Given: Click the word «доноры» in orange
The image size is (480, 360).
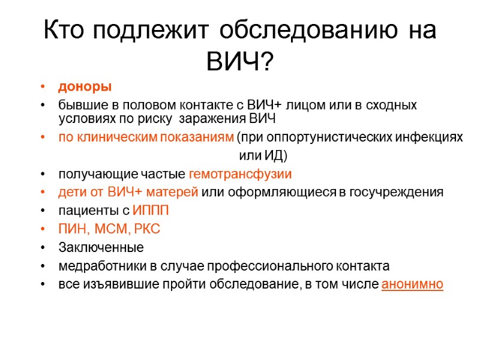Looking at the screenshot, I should click(85, 87).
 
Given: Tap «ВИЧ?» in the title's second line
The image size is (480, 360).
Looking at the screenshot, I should click(239, 60).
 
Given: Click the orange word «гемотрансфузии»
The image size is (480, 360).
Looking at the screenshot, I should click(240, 175).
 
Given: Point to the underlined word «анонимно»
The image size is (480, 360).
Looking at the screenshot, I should click(412, 284).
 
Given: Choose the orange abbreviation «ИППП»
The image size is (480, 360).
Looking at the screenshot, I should click(151, 211).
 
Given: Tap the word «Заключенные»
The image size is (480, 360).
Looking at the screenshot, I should click(101, 247).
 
